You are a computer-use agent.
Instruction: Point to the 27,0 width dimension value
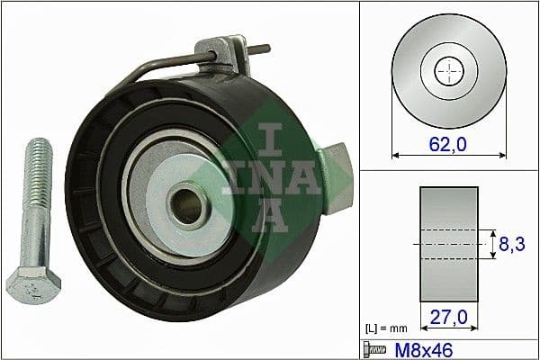[448, 316]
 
